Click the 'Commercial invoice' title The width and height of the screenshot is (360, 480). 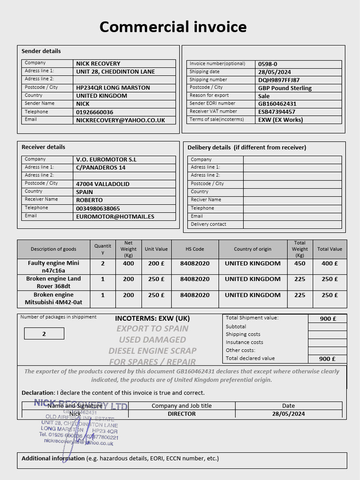(173, 27)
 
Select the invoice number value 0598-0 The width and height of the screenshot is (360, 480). (268, 64)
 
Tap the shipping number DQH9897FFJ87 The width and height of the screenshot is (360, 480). (279, 80)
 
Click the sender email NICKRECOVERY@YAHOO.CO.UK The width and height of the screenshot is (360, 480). (120, 120)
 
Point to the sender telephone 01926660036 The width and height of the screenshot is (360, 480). (95, 112)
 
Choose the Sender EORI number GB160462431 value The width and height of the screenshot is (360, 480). (277, 104)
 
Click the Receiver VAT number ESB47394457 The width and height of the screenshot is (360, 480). (277, 112)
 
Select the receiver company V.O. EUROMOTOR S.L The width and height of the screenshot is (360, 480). (106, 159)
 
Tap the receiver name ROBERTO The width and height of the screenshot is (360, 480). (90, 200)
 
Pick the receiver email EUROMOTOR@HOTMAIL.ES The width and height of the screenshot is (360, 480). (115, 217)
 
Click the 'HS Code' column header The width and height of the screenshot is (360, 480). (195, 249)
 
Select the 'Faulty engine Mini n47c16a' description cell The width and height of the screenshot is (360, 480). (53, 267)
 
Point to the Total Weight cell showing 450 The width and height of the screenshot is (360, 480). (300, 263)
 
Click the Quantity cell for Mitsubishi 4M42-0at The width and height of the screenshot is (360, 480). (103, 295)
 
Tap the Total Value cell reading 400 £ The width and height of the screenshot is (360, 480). (330, 263)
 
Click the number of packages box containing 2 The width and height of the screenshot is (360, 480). (44, 334)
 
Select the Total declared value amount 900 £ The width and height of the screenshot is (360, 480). (328, 359)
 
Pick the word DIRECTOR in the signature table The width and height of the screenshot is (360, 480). (181, 414)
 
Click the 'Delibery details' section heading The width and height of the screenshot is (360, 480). (247, 147)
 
